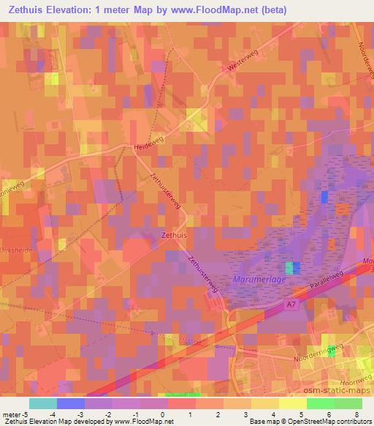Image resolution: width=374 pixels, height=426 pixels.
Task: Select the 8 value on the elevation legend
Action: point(356,414)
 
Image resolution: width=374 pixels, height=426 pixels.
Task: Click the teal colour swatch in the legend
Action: point(42,403)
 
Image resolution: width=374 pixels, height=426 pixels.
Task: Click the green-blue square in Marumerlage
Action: point(291,268)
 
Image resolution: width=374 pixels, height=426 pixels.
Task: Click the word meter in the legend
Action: point(10,414)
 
